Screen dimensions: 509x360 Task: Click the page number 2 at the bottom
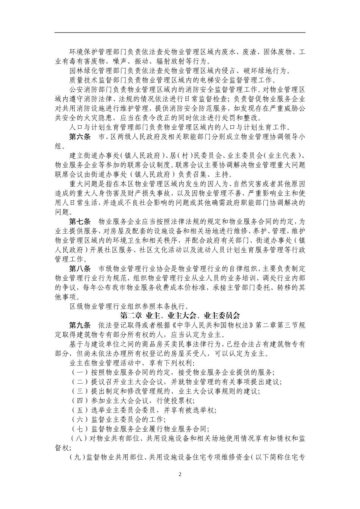tap(180, 475)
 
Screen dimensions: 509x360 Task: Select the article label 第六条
tap(80, 137)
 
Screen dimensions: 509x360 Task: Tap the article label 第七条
tap(80, 221)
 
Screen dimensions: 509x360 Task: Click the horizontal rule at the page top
tap(180, 33)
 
